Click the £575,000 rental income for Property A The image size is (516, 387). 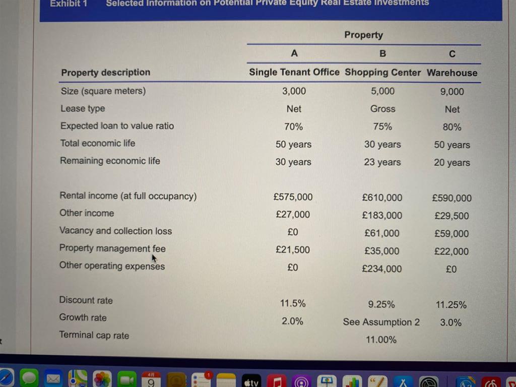(293, 197)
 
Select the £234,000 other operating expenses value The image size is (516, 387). (382, 269)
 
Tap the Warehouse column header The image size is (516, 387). (452, 73)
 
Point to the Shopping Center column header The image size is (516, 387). (382, 73)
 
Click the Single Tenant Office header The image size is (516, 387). (294, 72)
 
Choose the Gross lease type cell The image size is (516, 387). (382, 109)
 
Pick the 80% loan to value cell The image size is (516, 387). (452, 127)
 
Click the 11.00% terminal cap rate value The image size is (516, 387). (381, 340)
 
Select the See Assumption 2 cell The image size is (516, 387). (381, 322)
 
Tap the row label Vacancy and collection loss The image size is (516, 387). (115, 231)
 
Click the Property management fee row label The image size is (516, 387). (112, 248)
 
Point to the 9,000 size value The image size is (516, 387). (452, 92)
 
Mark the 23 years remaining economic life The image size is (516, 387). (382, 162)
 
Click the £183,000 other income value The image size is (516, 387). (382, 216)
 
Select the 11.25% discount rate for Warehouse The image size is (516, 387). (451, 305)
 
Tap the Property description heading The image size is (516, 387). (105, 72)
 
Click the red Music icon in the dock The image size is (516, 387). (276, 380)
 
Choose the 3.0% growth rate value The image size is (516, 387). (450, 322)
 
